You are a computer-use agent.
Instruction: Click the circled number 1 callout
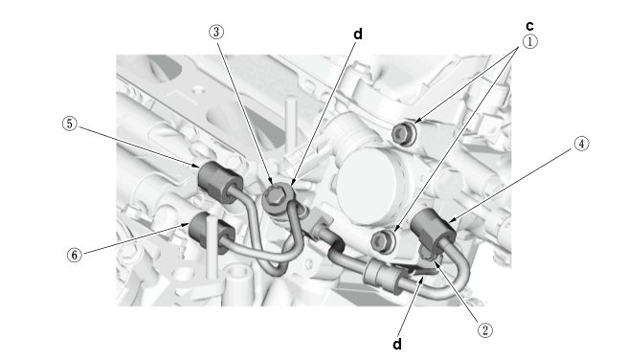pos(529,42)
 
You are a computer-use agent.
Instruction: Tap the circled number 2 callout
pos(485,330)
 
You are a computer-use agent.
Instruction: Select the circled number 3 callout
pos(216,32)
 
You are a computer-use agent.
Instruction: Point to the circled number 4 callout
pos(581,144)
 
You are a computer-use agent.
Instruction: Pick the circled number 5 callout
pos(70,124)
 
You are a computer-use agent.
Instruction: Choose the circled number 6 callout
pos(74,255)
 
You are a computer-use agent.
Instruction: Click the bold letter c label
pos(529,26)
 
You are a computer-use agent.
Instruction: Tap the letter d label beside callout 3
pos(358,34)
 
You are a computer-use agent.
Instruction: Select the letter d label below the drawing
pos(397,344)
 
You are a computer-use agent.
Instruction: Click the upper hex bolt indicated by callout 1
pos(403,132)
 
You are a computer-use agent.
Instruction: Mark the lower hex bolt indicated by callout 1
pos(383,241)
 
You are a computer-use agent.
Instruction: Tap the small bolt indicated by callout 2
pos(429,254)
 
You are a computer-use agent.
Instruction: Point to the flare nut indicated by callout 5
pos(219,183)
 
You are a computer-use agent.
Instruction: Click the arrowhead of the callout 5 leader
pos(195,165)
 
